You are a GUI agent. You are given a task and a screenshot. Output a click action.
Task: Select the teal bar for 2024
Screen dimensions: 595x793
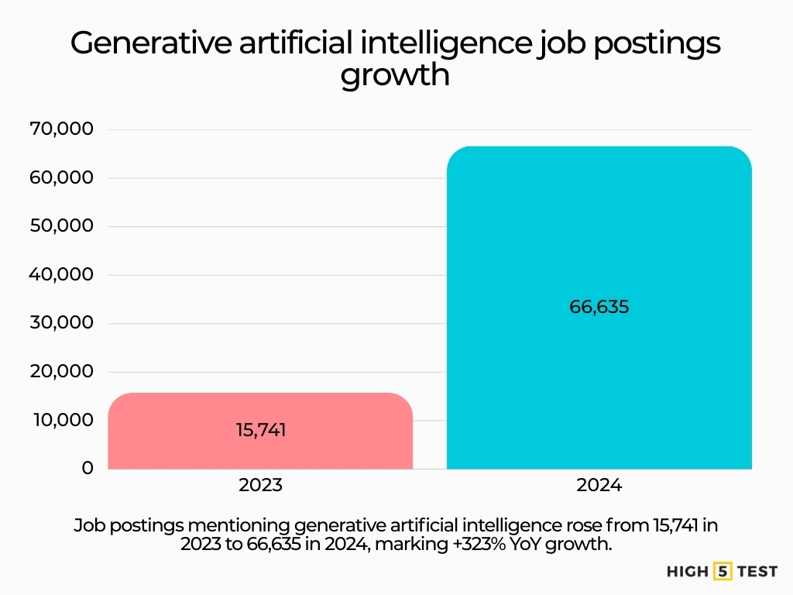[599, 232]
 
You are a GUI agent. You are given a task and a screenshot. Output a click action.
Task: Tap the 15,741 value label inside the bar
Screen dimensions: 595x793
[261, 430]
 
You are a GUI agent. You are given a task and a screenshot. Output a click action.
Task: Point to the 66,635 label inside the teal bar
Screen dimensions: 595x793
[599, 307]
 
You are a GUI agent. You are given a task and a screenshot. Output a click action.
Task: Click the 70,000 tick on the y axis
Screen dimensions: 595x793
[61, 129]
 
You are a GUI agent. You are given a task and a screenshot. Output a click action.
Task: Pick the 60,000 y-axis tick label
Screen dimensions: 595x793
[61, 177]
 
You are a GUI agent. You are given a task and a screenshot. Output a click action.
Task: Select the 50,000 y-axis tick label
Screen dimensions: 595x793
[61, 226]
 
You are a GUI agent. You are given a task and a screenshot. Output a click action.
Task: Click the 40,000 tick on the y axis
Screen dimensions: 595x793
[61, 274]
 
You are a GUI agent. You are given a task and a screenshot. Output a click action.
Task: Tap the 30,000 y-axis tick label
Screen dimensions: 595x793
[61, 323]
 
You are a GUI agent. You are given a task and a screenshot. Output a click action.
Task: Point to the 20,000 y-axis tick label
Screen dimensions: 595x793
[61, 372]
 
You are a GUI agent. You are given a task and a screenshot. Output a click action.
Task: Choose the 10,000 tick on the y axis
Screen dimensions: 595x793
[61, 420]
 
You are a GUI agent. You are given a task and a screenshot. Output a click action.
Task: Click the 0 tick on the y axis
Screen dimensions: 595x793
[88, 468]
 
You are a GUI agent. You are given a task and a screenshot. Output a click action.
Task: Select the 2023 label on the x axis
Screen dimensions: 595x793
[260, 487]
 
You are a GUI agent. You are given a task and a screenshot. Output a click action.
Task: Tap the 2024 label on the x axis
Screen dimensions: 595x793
[599, 487]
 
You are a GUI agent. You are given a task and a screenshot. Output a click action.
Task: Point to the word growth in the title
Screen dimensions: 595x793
[395, 76]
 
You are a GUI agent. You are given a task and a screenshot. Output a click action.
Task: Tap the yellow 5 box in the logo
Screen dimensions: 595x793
[723, 572]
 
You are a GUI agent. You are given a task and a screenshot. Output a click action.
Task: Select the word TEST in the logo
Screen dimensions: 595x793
[757, 572]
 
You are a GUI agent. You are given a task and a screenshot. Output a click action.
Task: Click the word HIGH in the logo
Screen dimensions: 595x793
[688, 572]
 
